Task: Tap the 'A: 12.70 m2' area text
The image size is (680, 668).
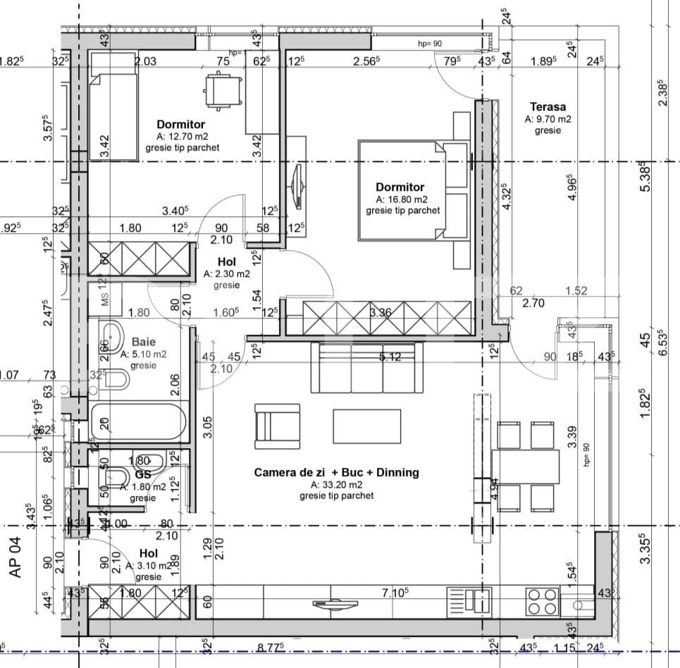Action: point(182,137)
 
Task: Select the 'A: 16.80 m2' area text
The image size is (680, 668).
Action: point(402,199)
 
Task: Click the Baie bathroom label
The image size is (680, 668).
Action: point(143,342)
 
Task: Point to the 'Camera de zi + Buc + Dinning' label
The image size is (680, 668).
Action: point(336,473)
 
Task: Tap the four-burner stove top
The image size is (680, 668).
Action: point(543,601)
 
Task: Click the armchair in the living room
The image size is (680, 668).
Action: point(276,426)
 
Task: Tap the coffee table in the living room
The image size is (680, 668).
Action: point(366,426)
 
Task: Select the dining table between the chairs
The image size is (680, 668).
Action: point(526,466)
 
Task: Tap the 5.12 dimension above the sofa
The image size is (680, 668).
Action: point(389,357)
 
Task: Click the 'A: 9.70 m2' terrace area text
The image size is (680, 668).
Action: point(548,119)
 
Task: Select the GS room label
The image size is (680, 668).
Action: point(143,475)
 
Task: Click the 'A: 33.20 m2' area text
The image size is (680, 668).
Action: point(336,485)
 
